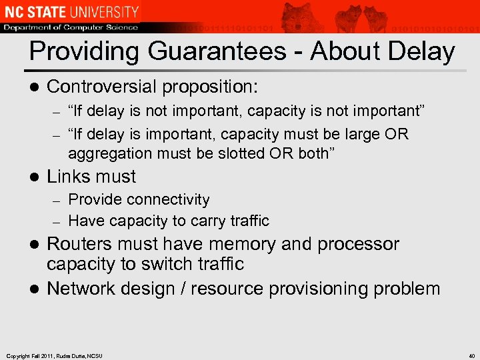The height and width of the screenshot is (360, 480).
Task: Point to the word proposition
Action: click(214, 87)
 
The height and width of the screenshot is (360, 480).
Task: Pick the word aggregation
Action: click(110, 154)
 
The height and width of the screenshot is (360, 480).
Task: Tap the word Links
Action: click(67, 177)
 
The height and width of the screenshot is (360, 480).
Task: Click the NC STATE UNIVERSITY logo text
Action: click(70, 11)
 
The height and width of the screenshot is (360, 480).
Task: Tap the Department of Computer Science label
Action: click(70, 27)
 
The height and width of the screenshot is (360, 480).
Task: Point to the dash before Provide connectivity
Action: click(57, 200)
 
